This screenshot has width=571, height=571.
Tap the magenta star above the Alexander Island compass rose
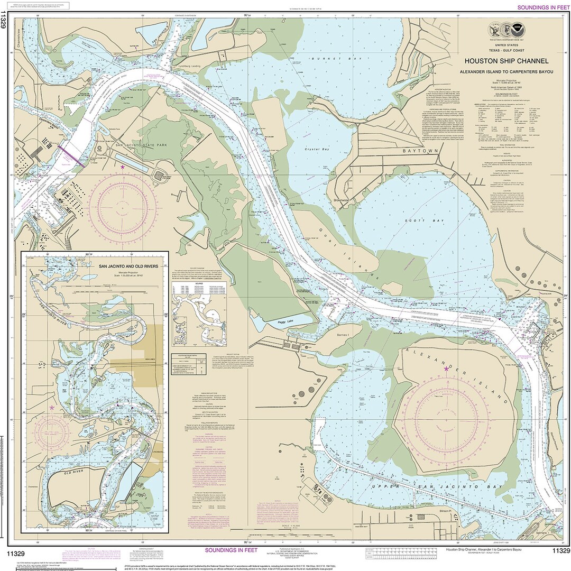pyautogui.click(x=446, y=369)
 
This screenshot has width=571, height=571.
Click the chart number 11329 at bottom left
pyautogui.click(x=14, y=550)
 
